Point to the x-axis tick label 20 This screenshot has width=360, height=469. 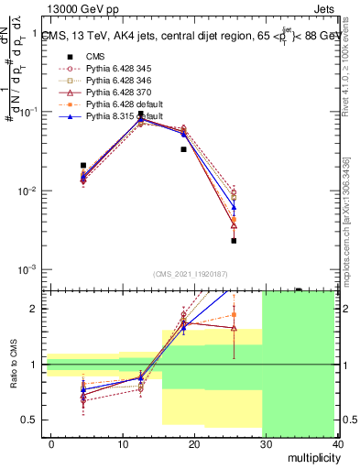[x=192, y=444]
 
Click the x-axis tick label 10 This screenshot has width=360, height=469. [x=121, y=444]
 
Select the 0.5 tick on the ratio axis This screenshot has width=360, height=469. [x=32, y=420]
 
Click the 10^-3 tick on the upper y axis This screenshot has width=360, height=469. [x=27, y=270]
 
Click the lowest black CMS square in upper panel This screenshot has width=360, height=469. [x=234, y=241]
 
